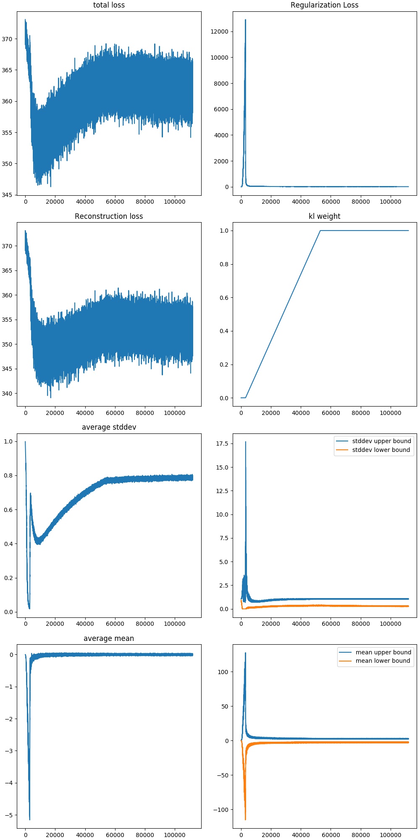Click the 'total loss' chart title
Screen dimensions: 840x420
[x=109, y=5]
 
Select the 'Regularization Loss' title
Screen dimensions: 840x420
[x=324, y=5]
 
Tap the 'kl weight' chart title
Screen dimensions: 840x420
[x=324, y=216]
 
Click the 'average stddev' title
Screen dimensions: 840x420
[x=109, y=427]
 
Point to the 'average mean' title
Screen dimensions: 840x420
[x=109, y=638]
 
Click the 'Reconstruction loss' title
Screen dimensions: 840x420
[x=109, y=216]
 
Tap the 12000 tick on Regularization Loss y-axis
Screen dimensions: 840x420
[x=220, y=31]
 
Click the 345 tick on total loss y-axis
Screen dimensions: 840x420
[x=7, y=195]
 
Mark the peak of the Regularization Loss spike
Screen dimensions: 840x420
[x=245, y=19]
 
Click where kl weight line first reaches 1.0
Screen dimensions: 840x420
[x=320, y=231]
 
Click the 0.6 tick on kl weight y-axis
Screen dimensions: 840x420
[x=224, y=298]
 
